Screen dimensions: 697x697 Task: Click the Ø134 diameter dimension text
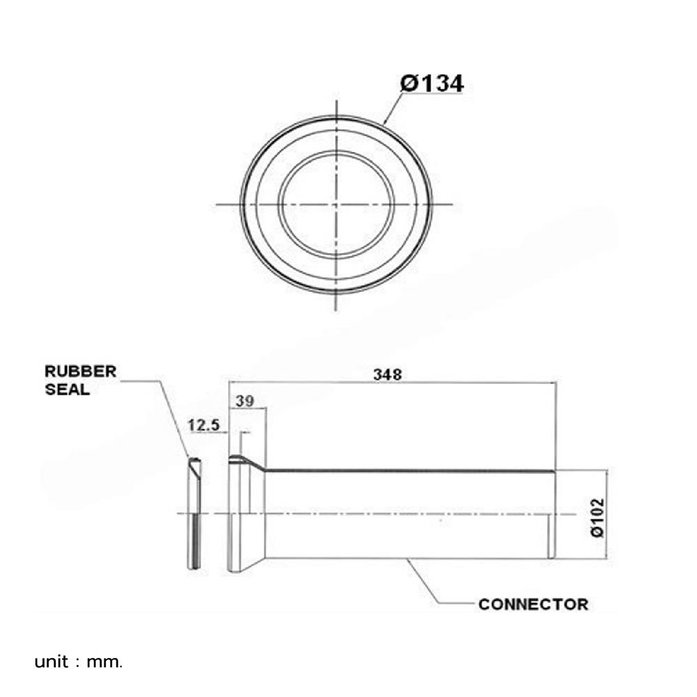[431, 83]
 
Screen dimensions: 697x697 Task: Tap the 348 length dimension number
[387, 375]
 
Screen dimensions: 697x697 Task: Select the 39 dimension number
[245, 401]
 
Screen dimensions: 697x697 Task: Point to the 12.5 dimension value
[204, 425]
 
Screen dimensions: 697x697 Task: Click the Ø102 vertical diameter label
[598, 517]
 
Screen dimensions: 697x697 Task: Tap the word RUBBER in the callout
[80, 372]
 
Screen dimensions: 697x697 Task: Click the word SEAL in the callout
[67, 390]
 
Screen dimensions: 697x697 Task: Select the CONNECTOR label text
[533, 604]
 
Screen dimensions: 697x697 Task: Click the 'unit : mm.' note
[78, 662]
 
